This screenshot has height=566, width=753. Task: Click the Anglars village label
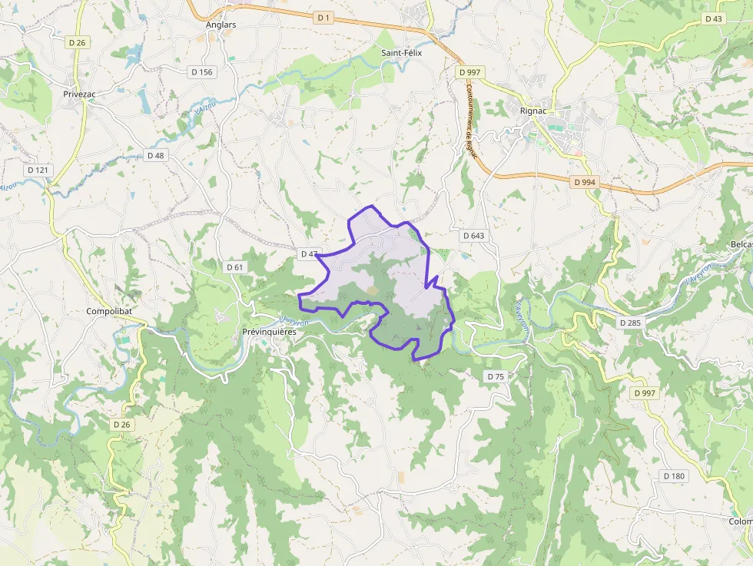[x=221, y=25]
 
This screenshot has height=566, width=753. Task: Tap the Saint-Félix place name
[x=402, y=53]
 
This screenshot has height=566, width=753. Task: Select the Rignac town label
[x=533, y=111]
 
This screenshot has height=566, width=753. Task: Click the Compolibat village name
[x=111, y=312]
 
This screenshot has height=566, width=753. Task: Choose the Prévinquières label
[x=269, y=332]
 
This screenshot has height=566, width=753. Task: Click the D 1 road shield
[x=323, y=17]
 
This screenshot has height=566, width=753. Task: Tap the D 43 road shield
[x=713, y=18]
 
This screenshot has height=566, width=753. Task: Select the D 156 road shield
[x=201, y=71]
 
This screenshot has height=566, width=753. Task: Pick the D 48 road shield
[x=155, y=155]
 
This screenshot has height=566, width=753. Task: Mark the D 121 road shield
[x=37, y=170]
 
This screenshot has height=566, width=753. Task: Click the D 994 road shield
[x=585, y=183]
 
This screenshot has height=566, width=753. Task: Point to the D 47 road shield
[x=309, y=253]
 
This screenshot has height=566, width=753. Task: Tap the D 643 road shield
[x=474, y=235]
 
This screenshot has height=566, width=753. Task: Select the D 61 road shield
[x=235, y=266]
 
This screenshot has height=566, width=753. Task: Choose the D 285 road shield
[x=630, y=323]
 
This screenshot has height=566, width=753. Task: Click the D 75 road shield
[x=496, y=376]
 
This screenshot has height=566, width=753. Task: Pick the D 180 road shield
[x=673, y=476]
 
